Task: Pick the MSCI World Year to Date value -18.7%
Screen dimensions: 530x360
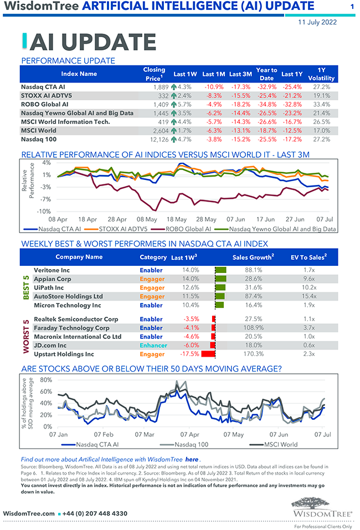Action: [266, 130]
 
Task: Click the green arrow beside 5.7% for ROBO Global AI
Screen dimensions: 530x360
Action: [174, 104]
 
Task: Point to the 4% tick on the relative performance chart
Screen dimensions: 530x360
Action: [46, 163]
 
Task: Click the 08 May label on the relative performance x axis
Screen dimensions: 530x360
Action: [147, 219]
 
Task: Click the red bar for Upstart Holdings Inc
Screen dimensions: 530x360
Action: [208, 354]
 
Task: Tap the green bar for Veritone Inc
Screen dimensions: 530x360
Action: [221, 270]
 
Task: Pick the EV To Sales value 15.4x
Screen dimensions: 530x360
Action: [310, 296]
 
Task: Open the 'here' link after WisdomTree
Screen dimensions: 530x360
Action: [192, 459]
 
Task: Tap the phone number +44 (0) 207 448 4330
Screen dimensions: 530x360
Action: [95, 513]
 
